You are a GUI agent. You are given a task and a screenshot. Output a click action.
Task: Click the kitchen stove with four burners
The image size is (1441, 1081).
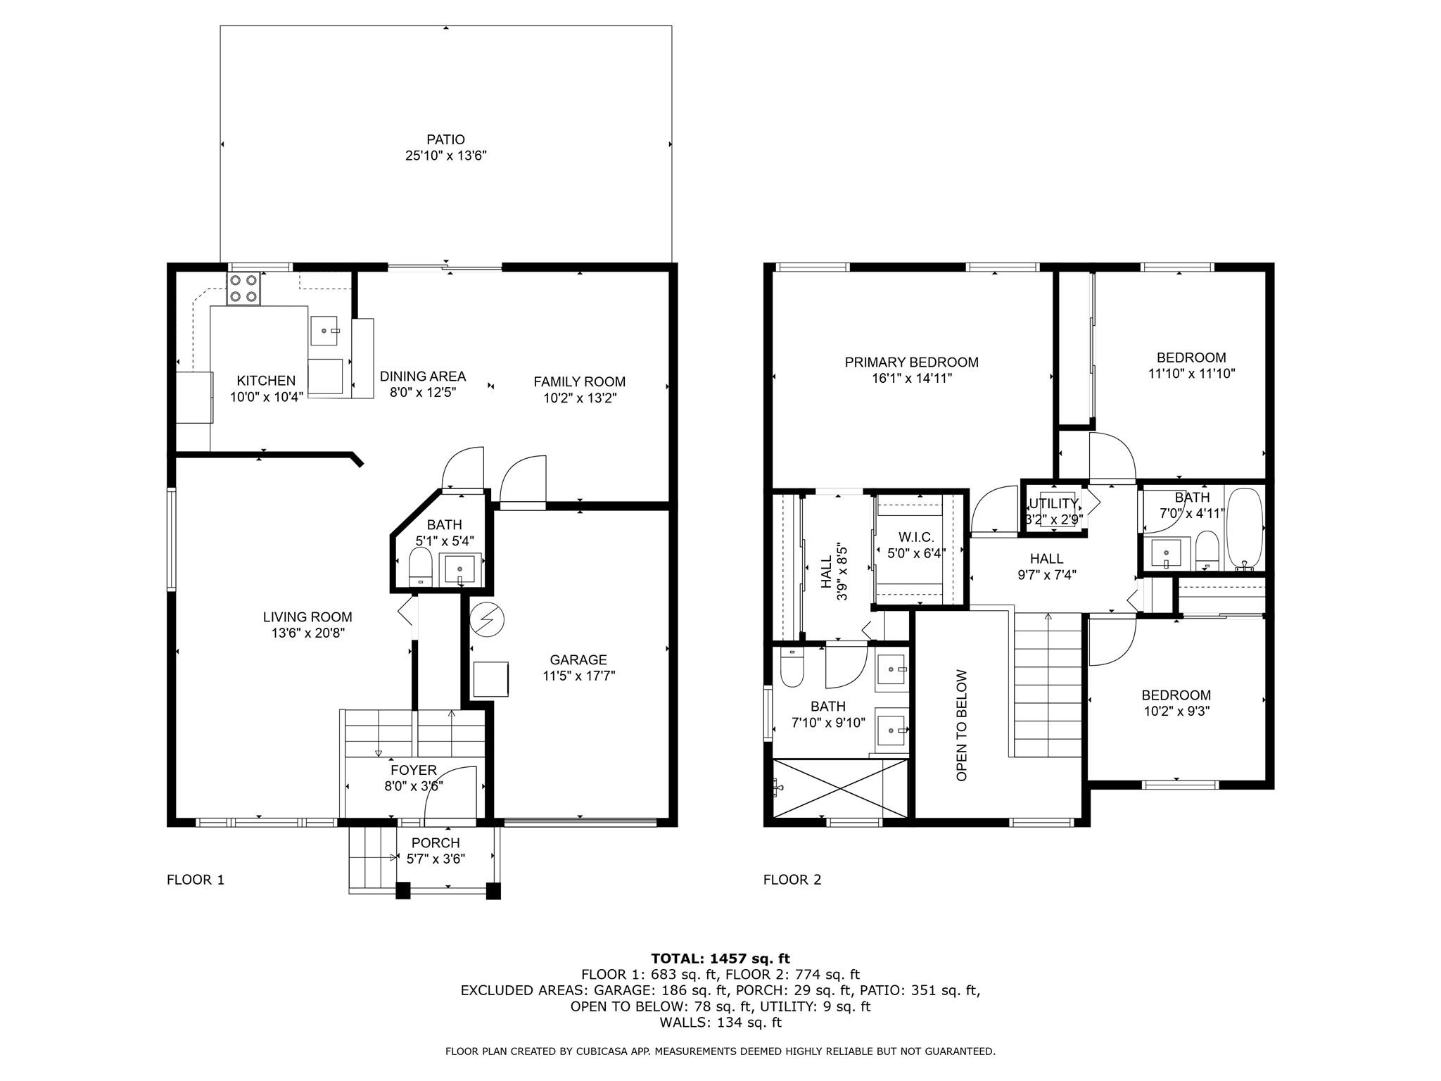pyautogui.click(x=243, y=289)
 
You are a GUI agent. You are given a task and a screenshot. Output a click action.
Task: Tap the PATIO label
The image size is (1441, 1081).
pyautogui.click(x=445, y=139)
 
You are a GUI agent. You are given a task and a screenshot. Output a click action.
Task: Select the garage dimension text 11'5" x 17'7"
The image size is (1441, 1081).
pyautogui.click(x=579, y=676)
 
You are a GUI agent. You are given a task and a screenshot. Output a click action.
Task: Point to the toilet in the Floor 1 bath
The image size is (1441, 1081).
pyautogui.click(x=420, y=567)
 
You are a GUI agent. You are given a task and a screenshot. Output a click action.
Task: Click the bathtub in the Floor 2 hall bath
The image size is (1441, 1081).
pyautogui.click(x=1245, y=529)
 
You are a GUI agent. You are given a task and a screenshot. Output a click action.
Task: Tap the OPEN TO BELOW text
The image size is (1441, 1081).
pyautogui.click(x=962, y=725)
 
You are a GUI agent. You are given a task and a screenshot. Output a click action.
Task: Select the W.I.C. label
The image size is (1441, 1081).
pyautogui.click(x=916, y=538)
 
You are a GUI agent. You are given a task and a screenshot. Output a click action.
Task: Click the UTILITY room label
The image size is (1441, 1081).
pyautogui.click(x=1053, y=504)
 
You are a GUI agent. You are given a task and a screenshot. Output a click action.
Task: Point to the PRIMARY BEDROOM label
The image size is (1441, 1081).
pyautogui.click(x=911, y=362)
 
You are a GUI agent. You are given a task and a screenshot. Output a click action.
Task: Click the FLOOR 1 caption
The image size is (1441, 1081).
pyautogui.click(x=196, y=880)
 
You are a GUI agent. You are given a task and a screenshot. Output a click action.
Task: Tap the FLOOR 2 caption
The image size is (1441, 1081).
pyautogui.click(x=792, y=880)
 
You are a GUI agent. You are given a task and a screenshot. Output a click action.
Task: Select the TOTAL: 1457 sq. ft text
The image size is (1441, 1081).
pyautogui.click(x=720, y=958)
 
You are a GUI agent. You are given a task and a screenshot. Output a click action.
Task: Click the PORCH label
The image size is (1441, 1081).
pyautogui.click(x=436, y=843)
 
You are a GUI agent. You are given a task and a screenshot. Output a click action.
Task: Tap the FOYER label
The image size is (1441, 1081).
pyautogui.click(x=414, y=771)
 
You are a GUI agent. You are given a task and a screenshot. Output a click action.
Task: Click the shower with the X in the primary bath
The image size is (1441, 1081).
pyautogui.click(x=840, y=788)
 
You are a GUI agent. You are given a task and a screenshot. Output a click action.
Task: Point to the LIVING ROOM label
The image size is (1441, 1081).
pyautogui.click(x=307, y=617)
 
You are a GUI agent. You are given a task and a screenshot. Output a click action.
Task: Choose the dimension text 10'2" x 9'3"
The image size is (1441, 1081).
pyautogui.click(x=1176, y=712)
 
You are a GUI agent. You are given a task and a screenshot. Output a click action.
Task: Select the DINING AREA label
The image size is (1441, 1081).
pyautogui.click(x=423, y=377)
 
